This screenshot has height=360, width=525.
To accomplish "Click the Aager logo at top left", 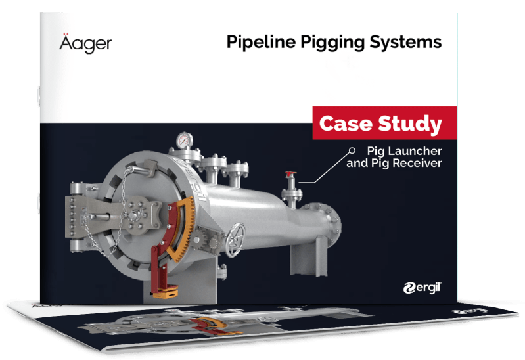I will [85, 43].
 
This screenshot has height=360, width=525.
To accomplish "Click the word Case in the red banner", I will [346, 124].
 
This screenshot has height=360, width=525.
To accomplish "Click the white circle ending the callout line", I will [352, 150].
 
